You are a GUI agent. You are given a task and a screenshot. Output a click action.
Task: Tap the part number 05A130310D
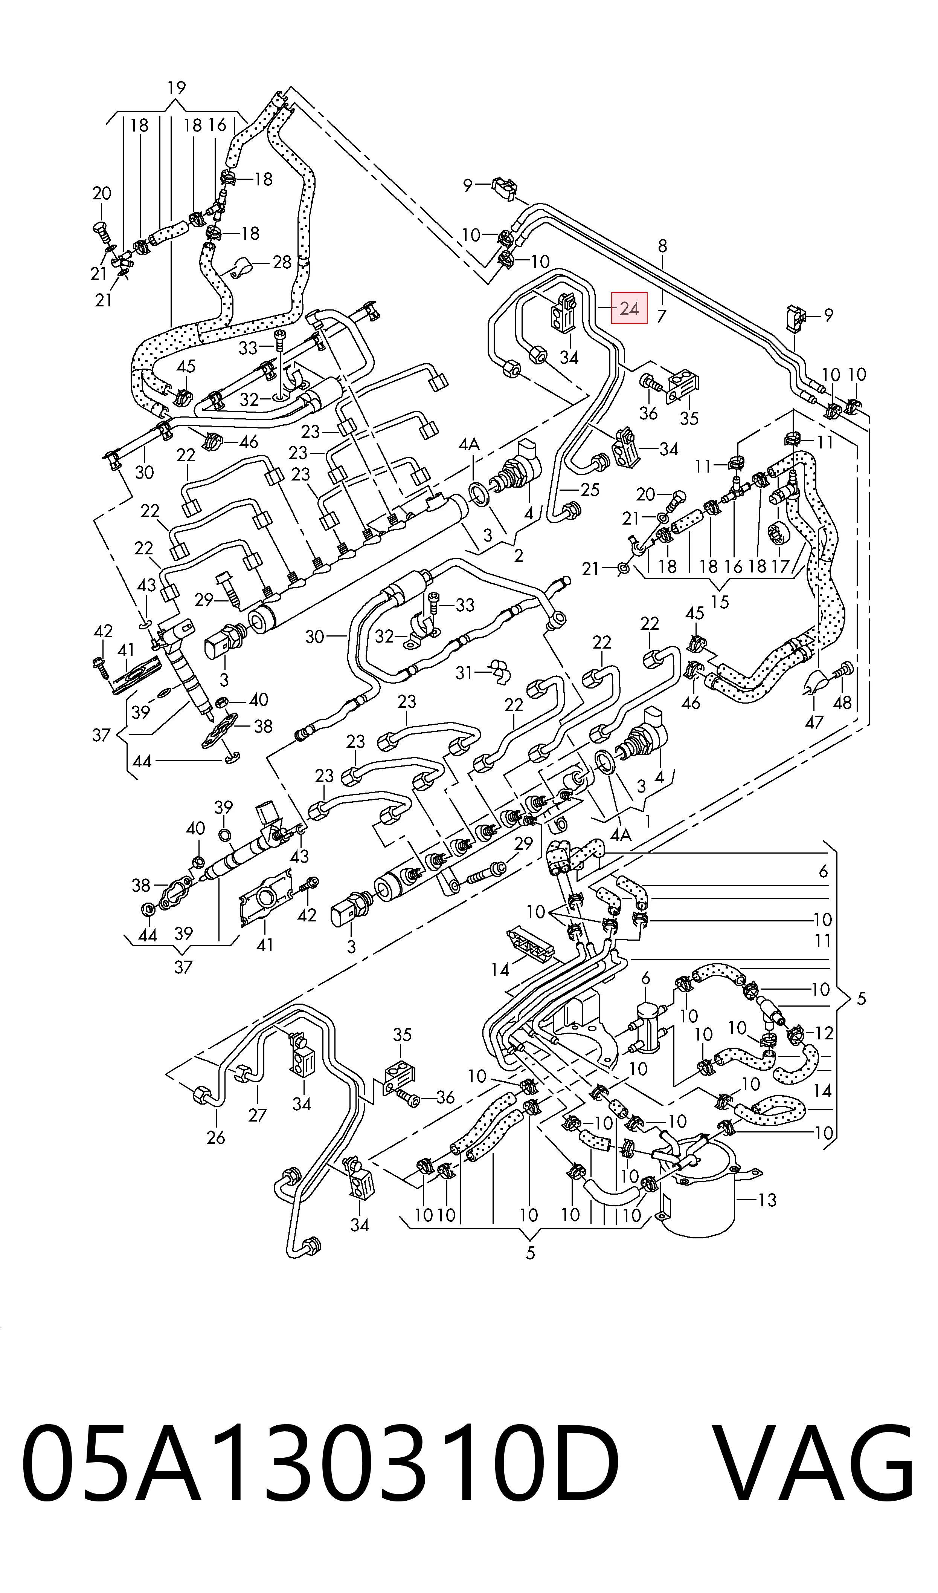(x=320, y=1502)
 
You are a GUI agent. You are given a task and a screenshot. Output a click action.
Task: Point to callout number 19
(x=176, y=88)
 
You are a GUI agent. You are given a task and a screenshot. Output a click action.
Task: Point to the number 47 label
(x=813, y=722)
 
